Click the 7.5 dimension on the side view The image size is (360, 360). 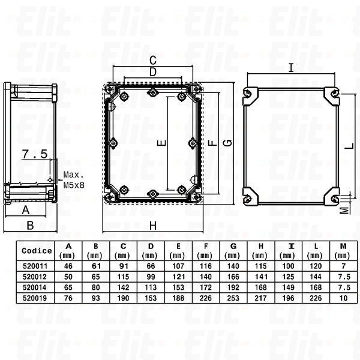pyautogui.click(x=34, y=155)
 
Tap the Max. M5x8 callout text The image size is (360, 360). pyautogui.click(x=74, y=181)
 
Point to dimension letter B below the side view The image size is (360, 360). pyautogui.click(x=30, y=226)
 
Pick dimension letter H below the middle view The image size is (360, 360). pyautogui.click(x=152, y=226)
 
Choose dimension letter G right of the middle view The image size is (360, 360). pyautogui.click(x=227, y=143)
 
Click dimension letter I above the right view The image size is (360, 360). pyautogui.click(x=290, y=68)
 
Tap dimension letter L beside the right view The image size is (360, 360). pyautogui.click(x=348, y=144)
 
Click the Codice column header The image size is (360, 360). pyautogui.click(x=36, y=251)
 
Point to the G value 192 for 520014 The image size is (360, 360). pyautogui.click(x=233, y=286)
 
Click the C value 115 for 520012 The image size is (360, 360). pyautogui.click(x=124, y=276)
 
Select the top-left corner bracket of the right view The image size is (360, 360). pyautogui.click(x=248, y=94)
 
